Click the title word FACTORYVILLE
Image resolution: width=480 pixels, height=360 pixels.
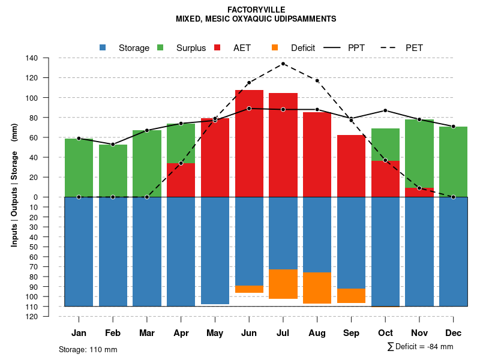(x=256, y=10)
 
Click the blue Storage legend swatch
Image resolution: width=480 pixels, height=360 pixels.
(x=103, y=47)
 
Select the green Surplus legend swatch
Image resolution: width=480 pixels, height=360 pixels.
(x=160, y=47)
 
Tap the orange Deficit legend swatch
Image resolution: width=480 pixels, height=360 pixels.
(x=275, y=47)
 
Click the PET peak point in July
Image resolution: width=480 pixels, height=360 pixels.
(x=283, y=64)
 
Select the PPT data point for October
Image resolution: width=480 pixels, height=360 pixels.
(x=385, y=110)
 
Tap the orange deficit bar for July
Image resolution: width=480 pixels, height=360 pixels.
(x=283, y=284)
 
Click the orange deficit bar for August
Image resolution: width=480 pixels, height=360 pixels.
(x=317, y=288)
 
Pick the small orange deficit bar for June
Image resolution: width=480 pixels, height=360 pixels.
(x=249, y=289)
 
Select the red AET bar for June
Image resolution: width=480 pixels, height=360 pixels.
(x=249, y=143)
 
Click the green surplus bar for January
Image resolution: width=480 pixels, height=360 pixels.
(x=79, y=167)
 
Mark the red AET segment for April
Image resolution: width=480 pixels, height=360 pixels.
(x=181, y=180)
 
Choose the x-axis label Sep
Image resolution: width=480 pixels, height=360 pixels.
(x=351, y=333)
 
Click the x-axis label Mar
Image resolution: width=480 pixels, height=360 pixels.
(x=146, y=333)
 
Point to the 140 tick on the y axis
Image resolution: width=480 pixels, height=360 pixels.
(x=32, y=58)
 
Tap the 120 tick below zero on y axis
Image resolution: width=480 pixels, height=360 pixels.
(x=32, y=316)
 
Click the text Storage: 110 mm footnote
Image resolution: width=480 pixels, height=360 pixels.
(x=88, y=349)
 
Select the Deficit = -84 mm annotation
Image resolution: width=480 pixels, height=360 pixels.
(x=420, y=347)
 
